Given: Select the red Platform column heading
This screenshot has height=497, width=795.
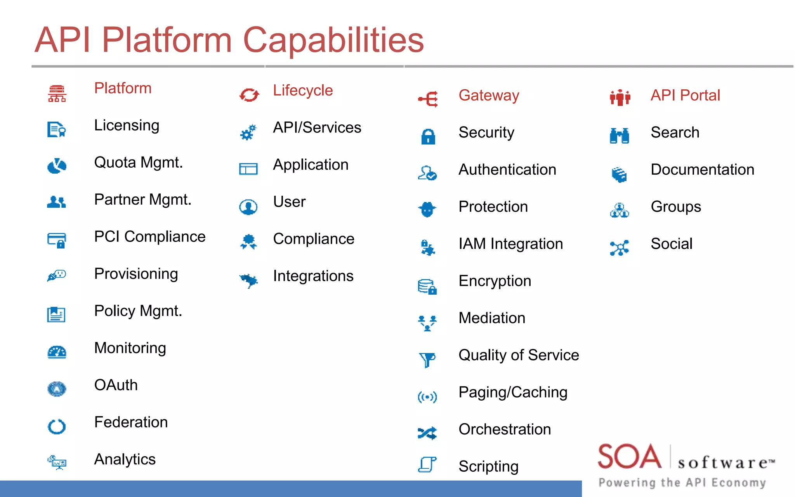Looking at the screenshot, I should click(123, 89).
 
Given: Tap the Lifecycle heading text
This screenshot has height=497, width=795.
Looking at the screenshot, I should click(303, 90).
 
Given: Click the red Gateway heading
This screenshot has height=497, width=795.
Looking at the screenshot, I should click(489, 96).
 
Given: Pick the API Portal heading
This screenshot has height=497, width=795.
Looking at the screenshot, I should click(685, 96).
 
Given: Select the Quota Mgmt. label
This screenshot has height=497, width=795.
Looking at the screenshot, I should click(138, 163).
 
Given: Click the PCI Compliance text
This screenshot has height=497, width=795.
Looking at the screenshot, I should click(150, 237).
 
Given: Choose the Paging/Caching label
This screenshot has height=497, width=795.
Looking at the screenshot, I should click(513, 393).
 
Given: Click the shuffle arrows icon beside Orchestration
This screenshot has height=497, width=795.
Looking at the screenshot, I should click(427, 433).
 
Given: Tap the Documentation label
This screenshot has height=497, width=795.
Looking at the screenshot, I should click(702, 170).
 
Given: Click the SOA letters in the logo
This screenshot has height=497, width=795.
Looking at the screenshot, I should click(629, 457).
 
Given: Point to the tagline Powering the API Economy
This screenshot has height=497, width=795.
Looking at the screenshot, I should click(682, 483).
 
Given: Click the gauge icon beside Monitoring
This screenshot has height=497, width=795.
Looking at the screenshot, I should click(57, 352).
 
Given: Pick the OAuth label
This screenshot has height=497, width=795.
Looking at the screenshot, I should click(116, 385).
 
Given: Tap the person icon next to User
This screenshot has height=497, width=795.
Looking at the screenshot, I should click(248, 207).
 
